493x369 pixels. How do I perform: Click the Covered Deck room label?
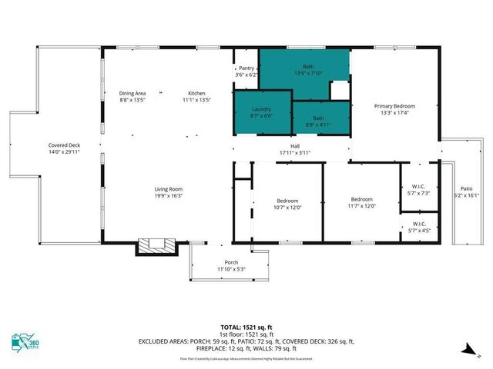tap(64, 148)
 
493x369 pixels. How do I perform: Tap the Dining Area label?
tap(132, 97)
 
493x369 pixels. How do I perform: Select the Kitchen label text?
tap(196, 97)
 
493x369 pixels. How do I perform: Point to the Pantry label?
tap(246, 71)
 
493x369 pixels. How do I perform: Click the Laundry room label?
tap(262, 113)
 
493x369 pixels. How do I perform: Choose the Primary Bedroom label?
tap(394, 109)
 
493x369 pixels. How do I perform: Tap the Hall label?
tap(294, 149)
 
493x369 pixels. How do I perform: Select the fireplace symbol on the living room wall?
tap(158, 247)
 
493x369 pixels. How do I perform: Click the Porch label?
tap(231, 266)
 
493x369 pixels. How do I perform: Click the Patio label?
tap(467, 192)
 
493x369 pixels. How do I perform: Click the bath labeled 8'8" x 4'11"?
tap(318, 121)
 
